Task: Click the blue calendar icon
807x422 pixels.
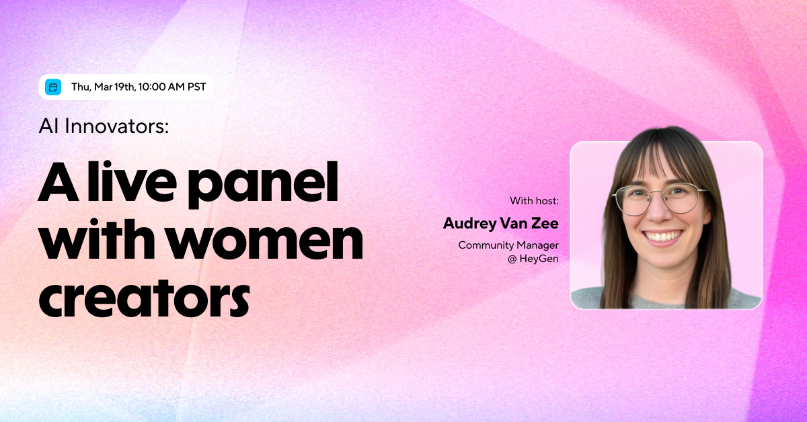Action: click(x=53, y=87)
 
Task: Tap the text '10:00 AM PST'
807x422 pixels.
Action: click(x=172, y=87)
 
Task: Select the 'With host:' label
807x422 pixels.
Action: click(x=534, y=200)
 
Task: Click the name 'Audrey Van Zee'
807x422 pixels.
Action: click(x=500, y=223)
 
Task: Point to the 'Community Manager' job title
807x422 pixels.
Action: click(x=508, y=245)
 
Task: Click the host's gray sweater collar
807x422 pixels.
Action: click(x=672, y=298)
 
